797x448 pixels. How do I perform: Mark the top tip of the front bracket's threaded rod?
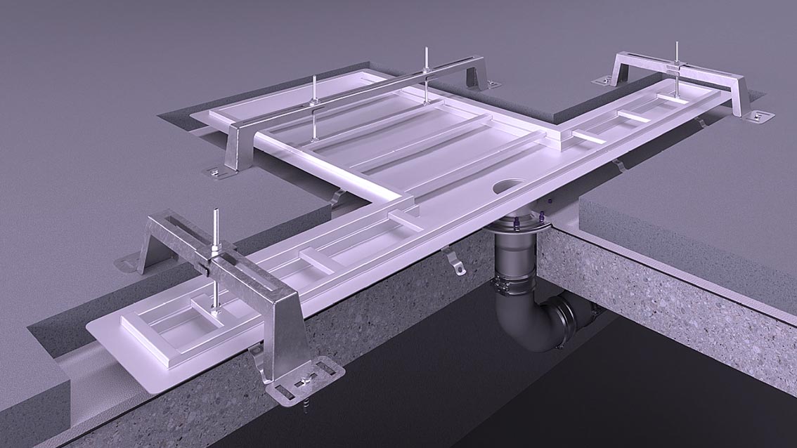point(216,211)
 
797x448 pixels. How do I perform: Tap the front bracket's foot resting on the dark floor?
point(128,263)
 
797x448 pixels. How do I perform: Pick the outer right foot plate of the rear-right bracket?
point(759,115)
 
